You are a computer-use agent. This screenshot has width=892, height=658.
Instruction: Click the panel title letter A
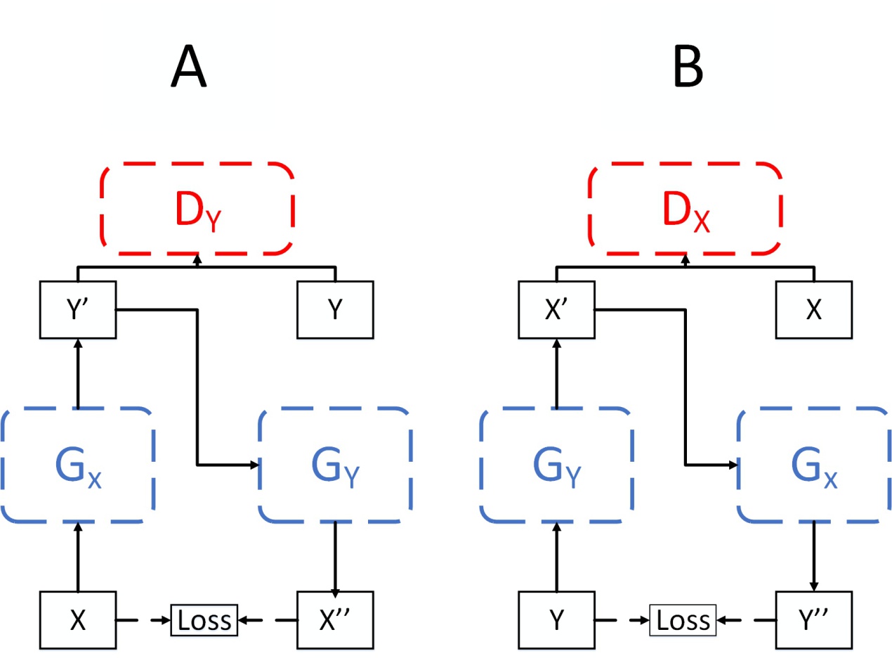(x=188, y=70)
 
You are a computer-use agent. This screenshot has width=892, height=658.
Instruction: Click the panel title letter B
(x=688, y=70)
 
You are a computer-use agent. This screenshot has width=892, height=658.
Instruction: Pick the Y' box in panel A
(x=78, y=309)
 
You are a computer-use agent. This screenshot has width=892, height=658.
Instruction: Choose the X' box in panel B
(x=557, y=309)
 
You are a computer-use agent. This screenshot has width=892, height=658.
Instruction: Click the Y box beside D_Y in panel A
(x=336, y=309)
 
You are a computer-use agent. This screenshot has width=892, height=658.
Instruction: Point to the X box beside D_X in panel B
(x=813, y=309)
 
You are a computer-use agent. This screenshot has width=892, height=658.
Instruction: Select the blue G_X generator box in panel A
(x=78, y=465)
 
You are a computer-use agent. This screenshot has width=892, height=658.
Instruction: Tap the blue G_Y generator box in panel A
(x=335, y=465)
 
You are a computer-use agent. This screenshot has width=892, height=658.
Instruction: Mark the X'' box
(x=336, y=621)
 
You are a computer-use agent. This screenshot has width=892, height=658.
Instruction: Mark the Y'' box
(x=813, y=621)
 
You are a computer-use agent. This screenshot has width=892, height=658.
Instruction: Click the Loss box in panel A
(x=204, y=620)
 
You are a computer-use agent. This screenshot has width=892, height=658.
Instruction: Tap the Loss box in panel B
(x=682, y=620)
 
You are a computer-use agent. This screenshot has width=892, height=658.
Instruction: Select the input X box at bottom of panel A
(x=78, y=621)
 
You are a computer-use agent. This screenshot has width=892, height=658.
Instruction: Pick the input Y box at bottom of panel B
(x=557, y=621)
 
